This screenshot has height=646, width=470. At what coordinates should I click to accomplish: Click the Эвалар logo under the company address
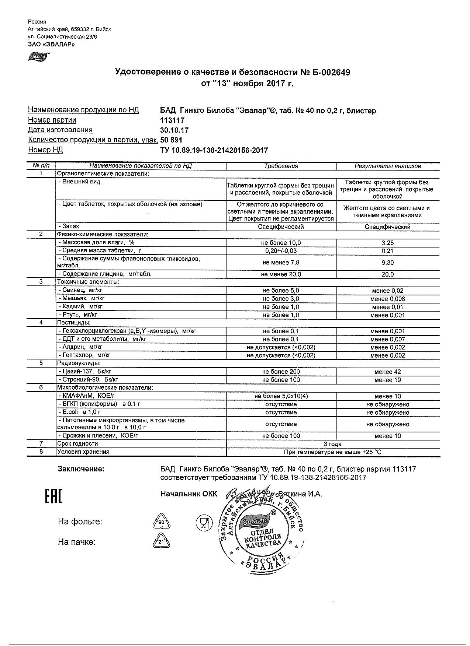(38, 56)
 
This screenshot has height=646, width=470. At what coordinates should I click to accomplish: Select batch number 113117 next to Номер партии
(172, 120)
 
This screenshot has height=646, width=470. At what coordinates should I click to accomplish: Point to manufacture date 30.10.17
(174, 130)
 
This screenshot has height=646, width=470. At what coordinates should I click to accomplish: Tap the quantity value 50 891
(171, 140)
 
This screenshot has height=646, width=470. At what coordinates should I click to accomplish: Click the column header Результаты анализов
(387, 166)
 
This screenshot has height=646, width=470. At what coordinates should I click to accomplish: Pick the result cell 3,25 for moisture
(387, 243)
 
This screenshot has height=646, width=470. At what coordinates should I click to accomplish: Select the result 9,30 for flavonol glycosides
(387, 263)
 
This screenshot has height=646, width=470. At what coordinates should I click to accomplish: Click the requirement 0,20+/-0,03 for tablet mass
(281, 251)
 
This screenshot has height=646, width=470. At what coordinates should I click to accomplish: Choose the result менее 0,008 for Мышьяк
(387, 299)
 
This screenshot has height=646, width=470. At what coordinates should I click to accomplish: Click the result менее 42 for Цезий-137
(387, 372)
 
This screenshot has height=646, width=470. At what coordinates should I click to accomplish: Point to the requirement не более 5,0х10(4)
(281, 396)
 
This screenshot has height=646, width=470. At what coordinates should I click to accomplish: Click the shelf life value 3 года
(333, 444)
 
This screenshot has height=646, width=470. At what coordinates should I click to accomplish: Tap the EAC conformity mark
(54, 496)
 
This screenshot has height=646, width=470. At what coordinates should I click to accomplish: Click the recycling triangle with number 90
(162, 522)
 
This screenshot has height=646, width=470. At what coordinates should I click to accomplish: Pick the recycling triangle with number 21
(161, 542)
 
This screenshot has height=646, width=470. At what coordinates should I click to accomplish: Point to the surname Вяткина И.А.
(300, 494)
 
